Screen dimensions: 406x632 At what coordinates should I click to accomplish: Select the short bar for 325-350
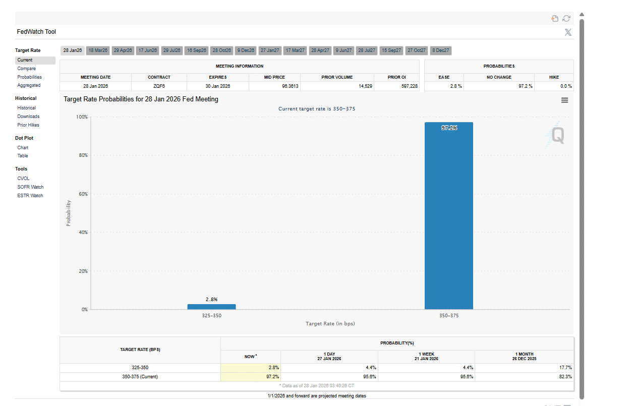pos(211,307)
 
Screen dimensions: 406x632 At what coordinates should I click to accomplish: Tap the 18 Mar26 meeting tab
pos(97,50)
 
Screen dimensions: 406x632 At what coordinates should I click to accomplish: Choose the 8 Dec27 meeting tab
pos(441,50)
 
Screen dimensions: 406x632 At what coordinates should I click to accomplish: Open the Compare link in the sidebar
pos(27,69)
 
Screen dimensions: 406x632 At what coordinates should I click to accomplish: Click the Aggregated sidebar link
pos(29,85)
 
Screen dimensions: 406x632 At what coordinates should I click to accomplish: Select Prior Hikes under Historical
pos(28,125)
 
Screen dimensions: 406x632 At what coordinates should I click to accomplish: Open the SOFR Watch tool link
pos(30,187)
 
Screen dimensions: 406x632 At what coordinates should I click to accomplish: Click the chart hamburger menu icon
pos(564,100)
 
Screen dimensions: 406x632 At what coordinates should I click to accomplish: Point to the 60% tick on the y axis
pos(82,194)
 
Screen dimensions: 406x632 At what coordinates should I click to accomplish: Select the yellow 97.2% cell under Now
pos(250,377)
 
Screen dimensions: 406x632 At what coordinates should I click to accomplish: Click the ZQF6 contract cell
pos(159,86)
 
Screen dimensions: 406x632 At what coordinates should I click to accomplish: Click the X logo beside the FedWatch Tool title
pos(568,32)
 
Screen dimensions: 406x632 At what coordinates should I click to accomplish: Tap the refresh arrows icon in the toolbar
pos(566,19)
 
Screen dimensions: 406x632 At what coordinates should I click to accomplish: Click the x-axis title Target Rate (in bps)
pos(330,324)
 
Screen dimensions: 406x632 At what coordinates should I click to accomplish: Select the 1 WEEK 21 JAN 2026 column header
pos(426,357)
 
